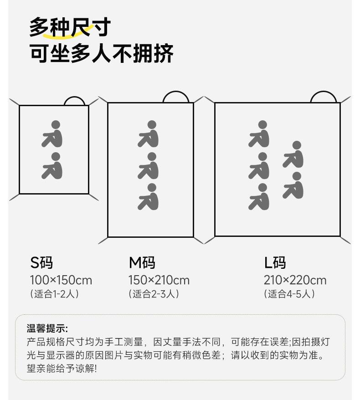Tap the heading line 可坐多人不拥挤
tap(101, 53)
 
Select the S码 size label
tap(42, 263)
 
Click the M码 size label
tap(142, 263)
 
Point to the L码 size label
tap(275, 263)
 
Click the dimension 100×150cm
tap(61, 280)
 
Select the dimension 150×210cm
tap(159, 280)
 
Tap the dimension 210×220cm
tap(295, 280)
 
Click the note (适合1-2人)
tap(54, 294)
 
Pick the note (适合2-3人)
tap(154, 294)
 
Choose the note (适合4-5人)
tap(289, 294)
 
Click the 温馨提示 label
tap(47, 328)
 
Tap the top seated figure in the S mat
tap(53, 133)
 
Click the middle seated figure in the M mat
tap(149, 165)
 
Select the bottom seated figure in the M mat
tap(149, 197)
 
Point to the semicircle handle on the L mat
tap(324, 97)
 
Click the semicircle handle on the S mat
tap(76, 101)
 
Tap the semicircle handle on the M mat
tap(176, 97)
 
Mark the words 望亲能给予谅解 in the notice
tap(62, 368)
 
